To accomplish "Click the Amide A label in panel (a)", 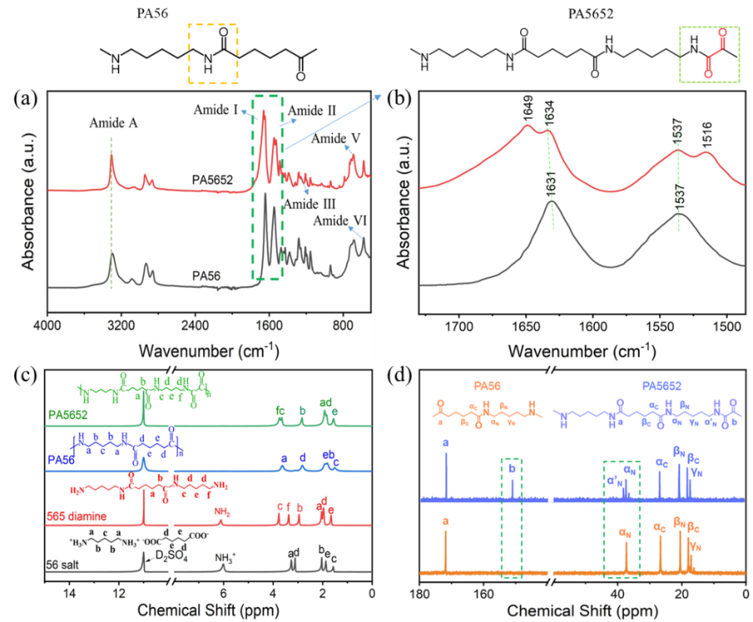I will [x=113, y=123].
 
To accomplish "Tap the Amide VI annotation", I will [x=339, y=221].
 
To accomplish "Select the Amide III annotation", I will [x=309, y=204].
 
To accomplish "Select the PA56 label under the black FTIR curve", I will [x=206, y=275].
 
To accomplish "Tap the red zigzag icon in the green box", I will [x=715, y=52].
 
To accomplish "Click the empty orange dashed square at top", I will [x=213, y=54].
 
